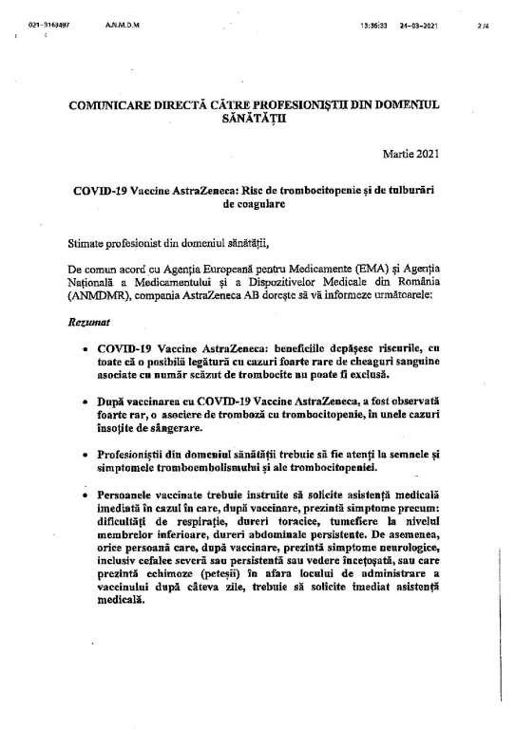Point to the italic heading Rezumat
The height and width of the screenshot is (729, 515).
(x=86, y=324)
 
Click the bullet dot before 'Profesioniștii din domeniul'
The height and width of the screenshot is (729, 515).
(x=87, y=456)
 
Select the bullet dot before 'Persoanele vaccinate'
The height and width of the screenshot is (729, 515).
(x=87, y=495)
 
